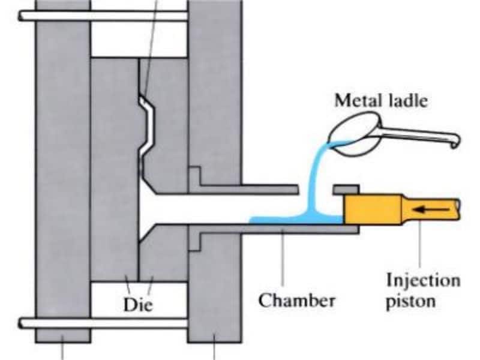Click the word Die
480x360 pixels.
tap(139, 304)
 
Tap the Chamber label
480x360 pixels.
tap(296, 299)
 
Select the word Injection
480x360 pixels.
tap(424, 280)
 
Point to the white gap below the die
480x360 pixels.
tap(139, 294)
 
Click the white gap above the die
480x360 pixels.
tap(139, 43)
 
